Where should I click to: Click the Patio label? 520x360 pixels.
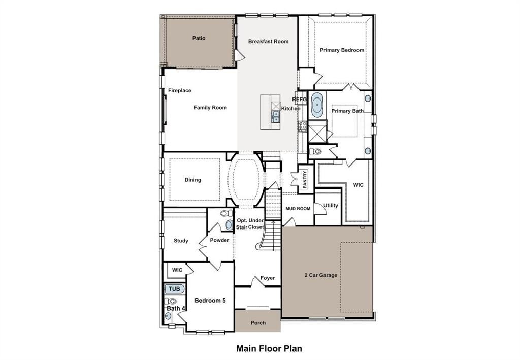[199, 38]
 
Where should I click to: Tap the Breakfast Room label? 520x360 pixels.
[268, 42]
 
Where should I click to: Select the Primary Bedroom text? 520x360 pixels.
[342, 50]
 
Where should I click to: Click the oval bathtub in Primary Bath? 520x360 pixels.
[317, 105]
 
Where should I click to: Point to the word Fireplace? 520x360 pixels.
[179, 90]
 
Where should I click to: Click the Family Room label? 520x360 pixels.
[210, 108]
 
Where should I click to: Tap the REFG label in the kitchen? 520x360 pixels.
[299, 99]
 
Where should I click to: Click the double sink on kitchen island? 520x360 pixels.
[276, 117]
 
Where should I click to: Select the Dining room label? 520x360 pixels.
[192, 180]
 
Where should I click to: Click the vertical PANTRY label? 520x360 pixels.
[305, 179]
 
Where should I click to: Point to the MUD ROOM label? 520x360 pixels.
[298, 209]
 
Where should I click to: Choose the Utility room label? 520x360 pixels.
[331, 205]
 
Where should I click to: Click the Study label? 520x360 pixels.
[181, 241]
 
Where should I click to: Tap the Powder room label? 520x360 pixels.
[219, 240]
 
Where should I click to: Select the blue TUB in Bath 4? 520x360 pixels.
[175, 289]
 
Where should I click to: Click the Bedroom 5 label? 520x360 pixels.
[210, 300]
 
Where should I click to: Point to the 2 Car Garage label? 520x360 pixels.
[321, 275]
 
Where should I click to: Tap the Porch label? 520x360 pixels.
[258, 323]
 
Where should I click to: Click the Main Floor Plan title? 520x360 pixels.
[269, 348]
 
